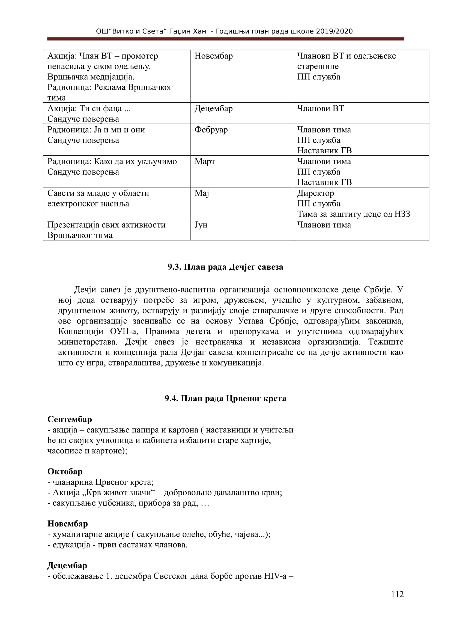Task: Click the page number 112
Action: coord(397,594)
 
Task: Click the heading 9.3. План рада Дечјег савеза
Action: coord(225,267)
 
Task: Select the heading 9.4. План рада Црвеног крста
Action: coord(225,398)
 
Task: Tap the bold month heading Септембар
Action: coord(70,419)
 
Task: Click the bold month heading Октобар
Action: coord(65,471)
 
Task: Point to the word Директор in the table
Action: coord(315,193)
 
